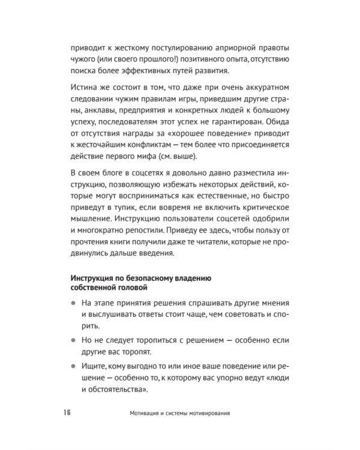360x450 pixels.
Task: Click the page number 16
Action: (x=66, y=413)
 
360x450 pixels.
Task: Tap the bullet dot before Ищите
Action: (x=74, y=365)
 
